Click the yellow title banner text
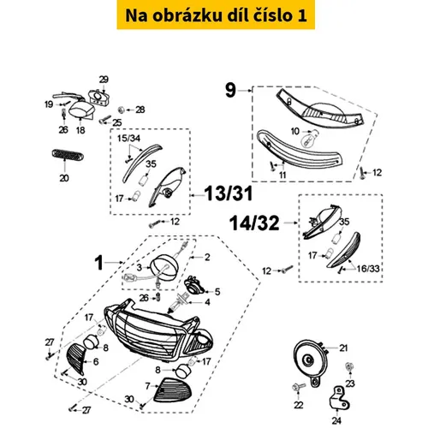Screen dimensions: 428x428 pos(216,15)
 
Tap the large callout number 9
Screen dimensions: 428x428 pos(231,90)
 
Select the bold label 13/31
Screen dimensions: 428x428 pos(229,193)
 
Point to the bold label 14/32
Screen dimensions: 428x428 pos(254,223)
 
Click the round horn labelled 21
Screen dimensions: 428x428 pos(310,360)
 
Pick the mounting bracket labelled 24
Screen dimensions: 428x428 pos(339,398)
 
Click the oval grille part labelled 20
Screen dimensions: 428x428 pos(68,154)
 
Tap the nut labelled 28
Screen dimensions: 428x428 pos(121,110)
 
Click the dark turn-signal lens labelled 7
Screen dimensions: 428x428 pos(170,389)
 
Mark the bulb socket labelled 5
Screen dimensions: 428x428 pos(194,285)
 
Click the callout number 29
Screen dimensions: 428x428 pos(104,80)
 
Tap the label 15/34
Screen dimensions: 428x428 pos(128,139)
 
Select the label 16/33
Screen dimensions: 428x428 pos(368,268)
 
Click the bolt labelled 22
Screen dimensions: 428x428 pos(299,387)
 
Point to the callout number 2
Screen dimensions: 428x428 pos(207,257)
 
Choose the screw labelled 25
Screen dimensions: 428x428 pos(105,119)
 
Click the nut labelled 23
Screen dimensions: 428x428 pos(348,366)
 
